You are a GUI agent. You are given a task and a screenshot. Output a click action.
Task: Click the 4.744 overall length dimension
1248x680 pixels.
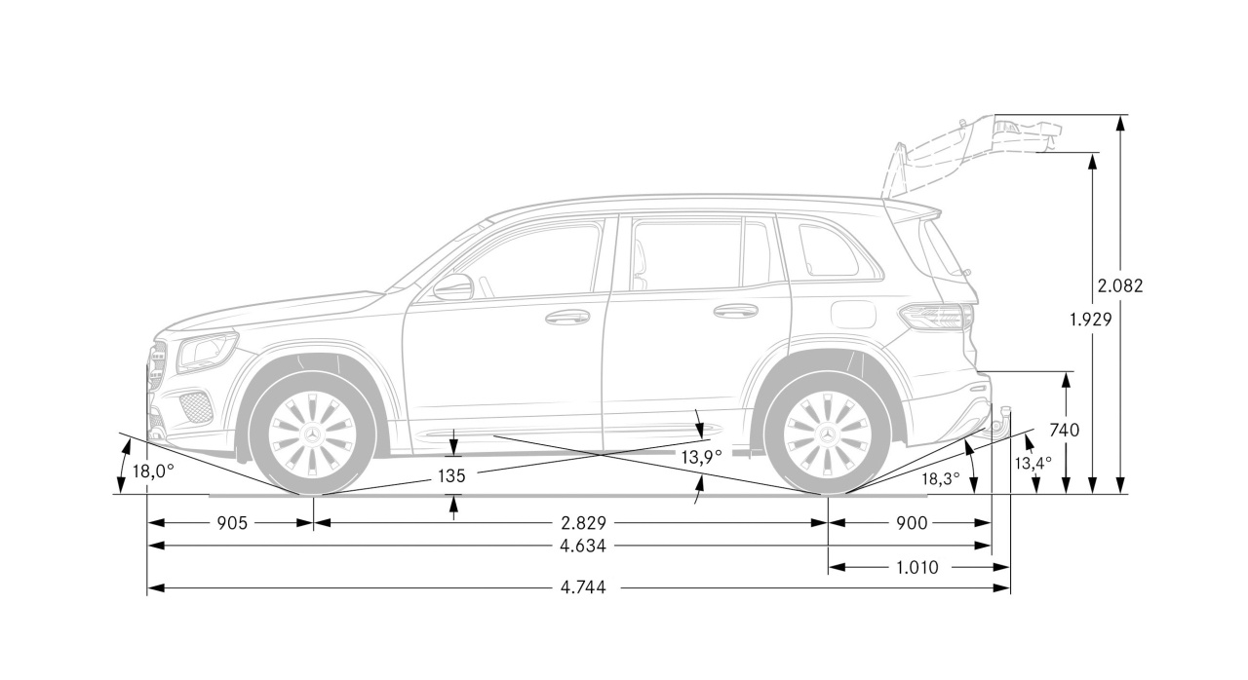(582, 588)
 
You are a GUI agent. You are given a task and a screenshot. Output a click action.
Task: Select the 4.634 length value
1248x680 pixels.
(583, 547)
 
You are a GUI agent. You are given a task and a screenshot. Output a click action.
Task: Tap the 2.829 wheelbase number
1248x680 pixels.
(583, 523)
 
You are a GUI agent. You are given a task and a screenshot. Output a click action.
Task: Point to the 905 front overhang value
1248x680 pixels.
(231, 523)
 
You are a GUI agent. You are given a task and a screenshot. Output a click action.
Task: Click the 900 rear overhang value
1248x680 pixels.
(911, 523)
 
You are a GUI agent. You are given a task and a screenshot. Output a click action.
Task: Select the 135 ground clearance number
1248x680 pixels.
(451, 475)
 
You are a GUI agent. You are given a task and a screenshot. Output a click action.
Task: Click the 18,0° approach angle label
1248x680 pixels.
(153, 472)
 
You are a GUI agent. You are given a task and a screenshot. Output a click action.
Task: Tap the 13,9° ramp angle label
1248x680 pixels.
(701, 456)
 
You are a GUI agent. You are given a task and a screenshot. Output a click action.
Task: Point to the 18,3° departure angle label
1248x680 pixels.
(941, 477)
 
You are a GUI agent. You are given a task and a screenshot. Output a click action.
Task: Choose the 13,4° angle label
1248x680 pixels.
(1033, 463)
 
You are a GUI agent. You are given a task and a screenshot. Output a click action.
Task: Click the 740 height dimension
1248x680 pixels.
(1064, 429)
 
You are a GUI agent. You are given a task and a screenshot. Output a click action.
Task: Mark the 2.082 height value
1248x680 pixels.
(1119, 285)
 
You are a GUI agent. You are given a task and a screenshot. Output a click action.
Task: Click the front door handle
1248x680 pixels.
(567, 317)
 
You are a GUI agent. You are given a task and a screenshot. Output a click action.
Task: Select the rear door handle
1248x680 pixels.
(735, 311)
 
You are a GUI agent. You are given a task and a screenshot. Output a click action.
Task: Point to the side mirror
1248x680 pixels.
(453, 286)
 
